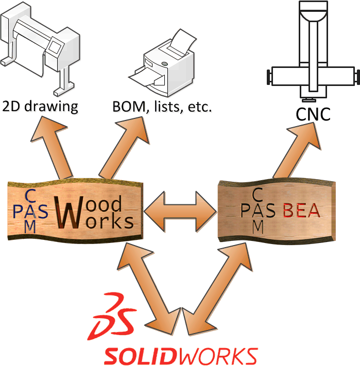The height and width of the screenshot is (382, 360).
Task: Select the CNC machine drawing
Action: coord(311,51)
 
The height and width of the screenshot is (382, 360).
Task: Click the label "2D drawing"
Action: coord(40,107)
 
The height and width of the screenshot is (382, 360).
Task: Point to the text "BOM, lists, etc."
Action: coord(162,108)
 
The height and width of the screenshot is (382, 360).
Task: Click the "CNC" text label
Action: coord(313,114)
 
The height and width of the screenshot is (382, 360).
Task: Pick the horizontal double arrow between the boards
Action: coord(180,210)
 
